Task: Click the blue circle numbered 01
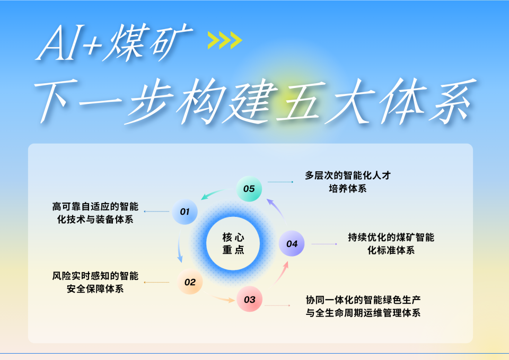[x=185, y=212]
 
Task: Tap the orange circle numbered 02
[x=190, y=282]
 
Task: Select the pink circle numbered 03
[x=249, y=300]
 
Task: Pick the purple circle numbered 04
[x=292, y=244]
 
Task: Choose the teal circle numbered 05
[x=249, y=189]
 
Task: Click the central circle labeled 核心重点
[x=233, y=244]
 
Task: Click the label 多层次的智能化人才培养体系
[x=348, y=182]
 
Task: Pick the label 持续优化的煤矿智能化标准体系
[x=391, y=244]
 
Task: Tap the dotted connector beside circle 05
[x=280, y=182]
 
